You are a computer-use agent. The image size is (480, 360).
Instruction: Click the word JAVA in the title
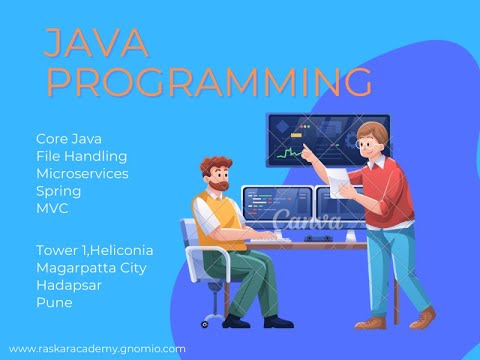[97, 43]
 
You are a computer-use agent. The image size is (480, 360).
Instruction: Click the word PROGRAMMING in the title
[208, 82]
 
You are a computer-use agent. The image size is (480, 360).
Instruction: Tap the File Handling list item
[81, 157]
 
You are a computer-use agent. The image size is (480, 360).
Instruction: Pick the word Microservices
[82, 173]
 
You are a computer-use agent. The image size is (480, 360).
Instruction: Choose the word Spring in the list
[58, 190]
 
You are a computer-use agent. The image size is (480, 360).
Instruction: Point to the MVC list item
[53, 206]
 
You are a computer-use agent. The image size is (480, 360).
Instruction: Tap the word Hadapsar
[70, 285]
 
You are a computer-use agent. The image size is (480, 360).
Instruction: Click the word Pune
[53, 301]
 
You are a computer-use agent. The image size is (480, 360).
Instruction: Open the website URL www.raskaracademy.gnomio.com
[97, 349]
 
